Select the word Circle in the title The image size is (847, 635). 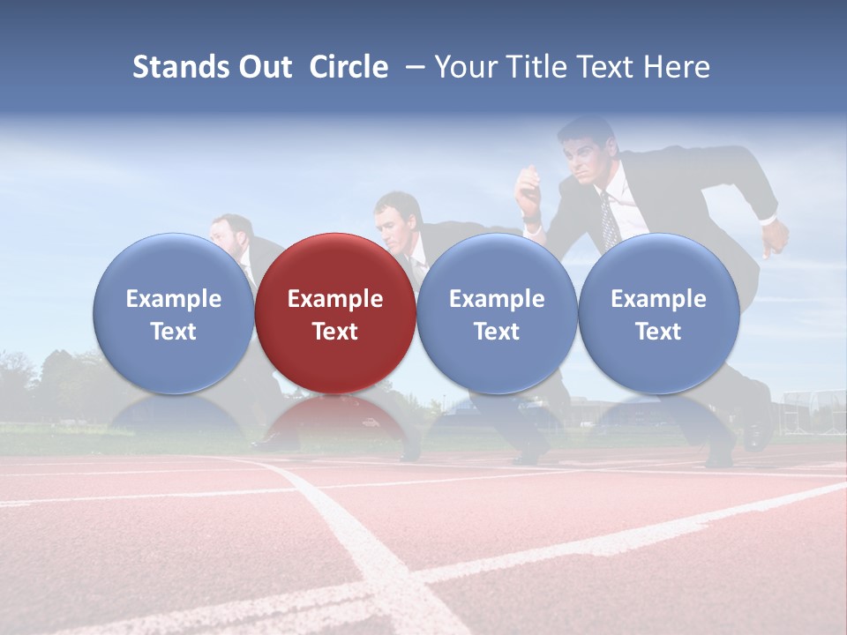click(x=349, y=67)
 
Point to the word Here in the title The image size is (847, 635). click(x=677, y=67)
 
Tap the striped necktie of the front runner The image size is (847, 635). click(x=609, y=220)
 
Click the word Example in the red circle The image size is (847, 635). click(x=335, y=299)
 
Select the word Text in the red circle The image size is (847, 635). click(x=335, y=332)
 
